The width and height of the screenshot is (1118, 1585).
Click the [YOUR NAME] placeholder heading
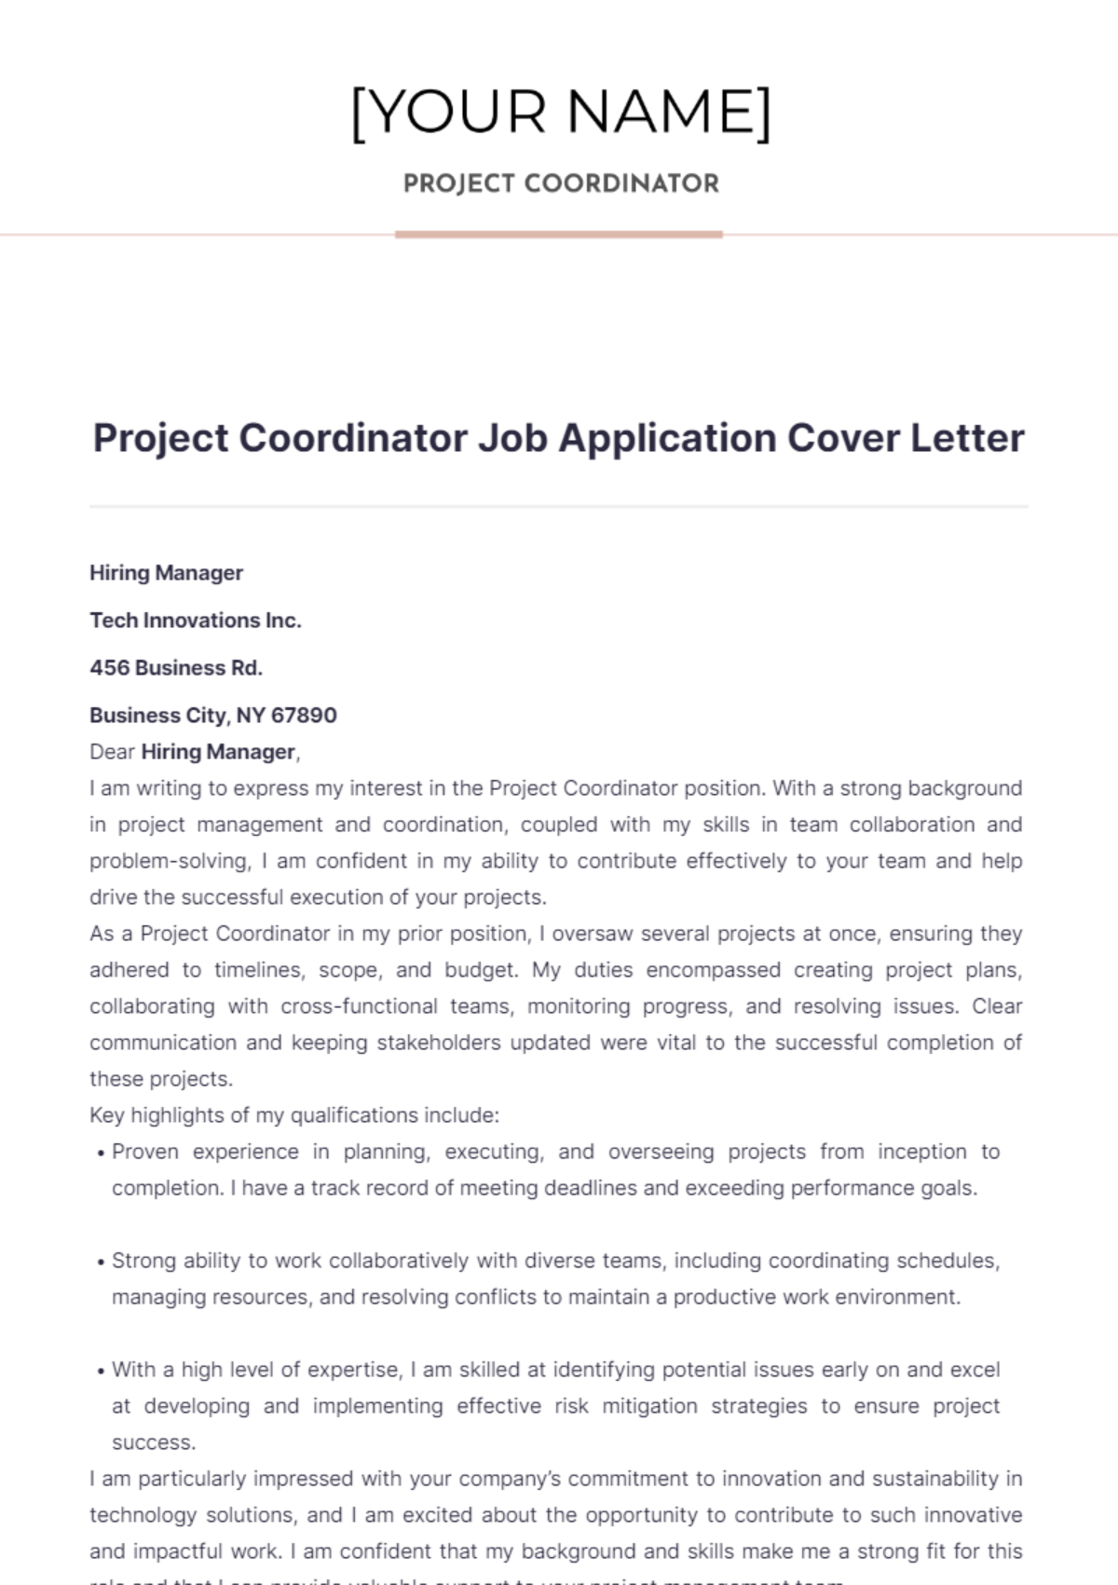pyautogui.click(x=560, y=113)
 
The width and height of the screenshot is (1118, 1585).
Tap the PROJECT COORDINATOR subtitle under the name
pyautogui.click(x=560, y=184)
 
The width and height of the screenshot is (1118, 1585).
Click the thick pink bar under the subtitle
pyautogui.click(x=558, y=235)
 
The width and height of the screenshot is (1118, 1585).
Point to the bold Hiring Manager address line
pyautogui.click(x=166, y=573)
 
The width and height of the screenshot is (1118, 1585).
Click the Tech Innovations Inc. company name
pyautogui.click(x=196, y=621)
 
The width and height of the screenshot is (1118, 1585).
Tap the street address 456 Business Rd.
pyautogui.click(x=176, y=668)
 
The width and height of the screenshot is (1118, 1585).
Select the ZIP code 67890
pyautogui.click(x=305, y=716)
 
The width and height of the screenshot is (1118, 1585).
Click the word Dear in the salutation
pyautogui.click(x=112, y=752)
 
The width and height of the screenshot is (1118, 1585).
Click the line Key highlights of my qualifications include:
pyautogui.click(x=294, y=1115)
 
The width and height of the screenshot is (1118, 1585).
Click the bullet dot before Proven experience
pyautogui.click(x=101, y=1154)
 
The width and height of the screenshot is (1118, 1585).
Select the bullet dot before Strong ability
pyautogui.click(x=101, y=1263)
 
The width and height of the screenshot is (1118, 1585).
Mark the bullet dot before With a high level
pyautogui.click(x=101, y=1372)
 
